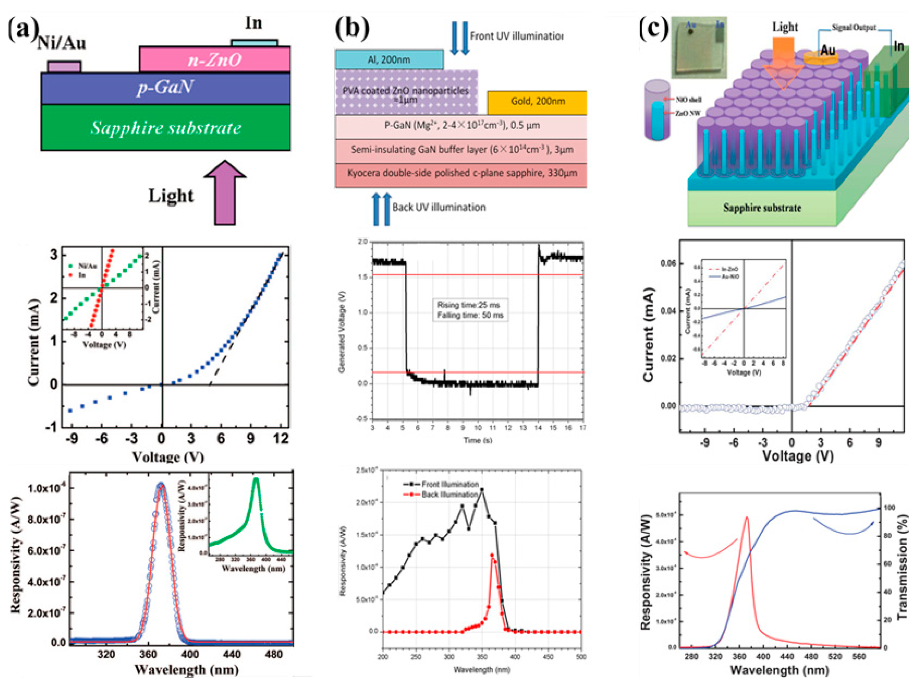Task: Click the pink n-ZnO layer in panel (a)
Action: [x=214, y=60]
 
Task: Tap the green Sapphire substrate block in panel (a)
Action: [x=166, y=128]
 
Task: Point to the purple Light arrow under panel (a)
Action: [x=225, y=193]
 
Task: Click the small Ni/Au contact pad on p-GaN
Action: [x=64, y=66]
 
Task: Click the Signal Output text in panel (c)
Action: [x=853, y=27]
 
